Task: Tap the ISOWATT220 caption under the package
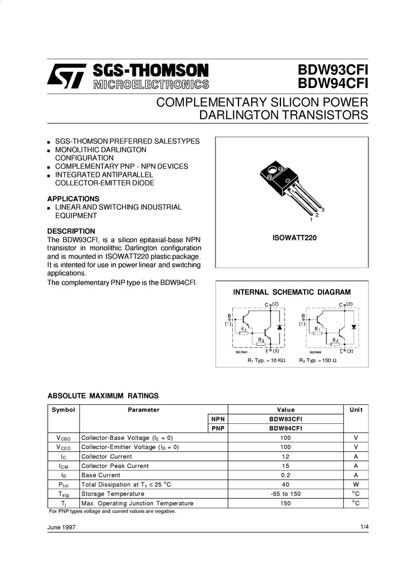point(291,237)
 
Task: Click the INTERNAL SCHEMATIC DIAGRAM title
point(291,292)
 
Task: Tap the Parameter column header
point(143,410)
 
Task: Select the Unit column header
point(356,410)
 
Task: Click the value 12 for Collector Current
point(286,457)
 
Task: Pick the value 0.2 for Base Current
point(286,475)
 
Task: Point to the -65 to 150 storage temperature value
point(286,494)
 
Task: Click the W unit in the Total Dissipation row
point(356,485)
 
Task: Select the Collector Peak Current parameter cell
point(115,466)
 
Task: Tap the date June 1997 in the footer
point(61,527)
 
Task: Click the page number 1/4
point(364,527)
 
